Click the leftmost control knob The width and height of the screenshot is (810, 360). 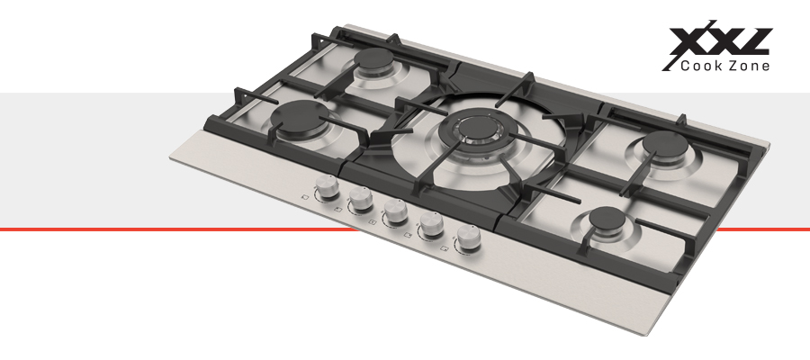click(x=327, y=186)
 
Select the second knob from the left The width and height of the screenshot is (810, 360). click(x=360, y=199)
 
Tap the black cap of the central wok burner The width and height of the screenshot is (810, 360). click(x=473, y=127)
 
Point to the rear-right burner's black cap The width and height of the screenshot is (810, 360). click(x=665, y=143)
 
